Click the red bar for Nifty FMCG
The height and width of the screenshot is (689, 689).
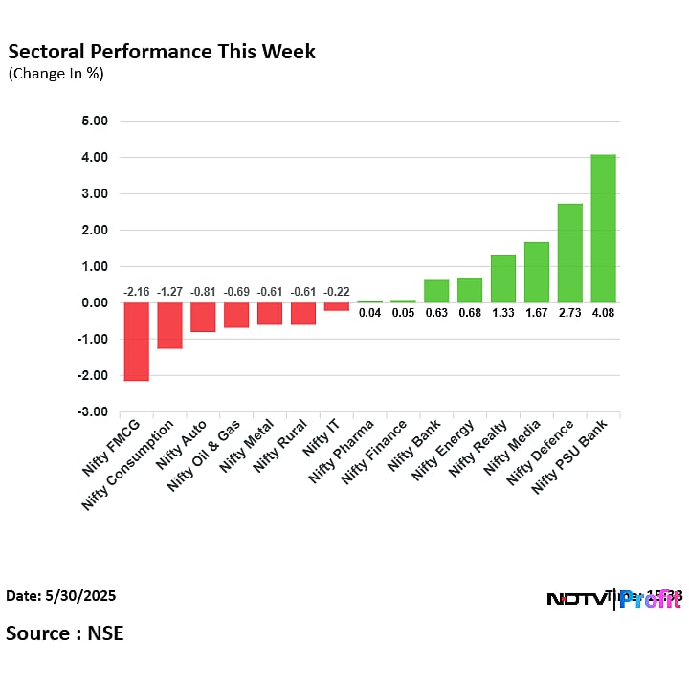coord(136,342)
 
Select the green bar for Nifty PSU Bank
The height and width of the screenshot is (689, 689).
coord(603,229)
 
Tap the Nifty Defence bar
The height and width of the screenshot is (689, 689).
coord(569,254)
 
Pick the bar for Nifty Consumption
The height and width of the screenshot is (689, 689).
coord(169,325)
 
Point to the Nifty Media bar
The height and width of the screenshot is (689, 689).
coord(536,273)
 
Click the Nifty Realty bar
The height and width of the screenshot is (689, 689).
coord(503,278)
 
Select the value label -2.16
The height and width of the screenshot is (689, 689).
coord(136,291)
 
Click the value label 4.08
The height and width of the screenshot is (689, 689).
coord(603,312)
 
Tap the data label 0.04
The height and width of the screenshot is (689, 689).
coord(369,312)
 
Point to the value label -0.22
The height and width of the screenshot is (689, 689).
coord(336,291)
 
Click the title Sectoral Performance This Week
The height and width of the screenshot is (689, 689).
coord(161,52)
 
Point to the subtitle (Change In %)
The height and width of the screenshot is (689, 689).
coord(56,74)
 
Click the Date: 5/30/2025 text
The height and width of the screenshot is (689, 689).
coord(61,596)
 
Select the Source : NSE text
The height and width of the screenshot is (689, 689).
coord(65,633)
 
